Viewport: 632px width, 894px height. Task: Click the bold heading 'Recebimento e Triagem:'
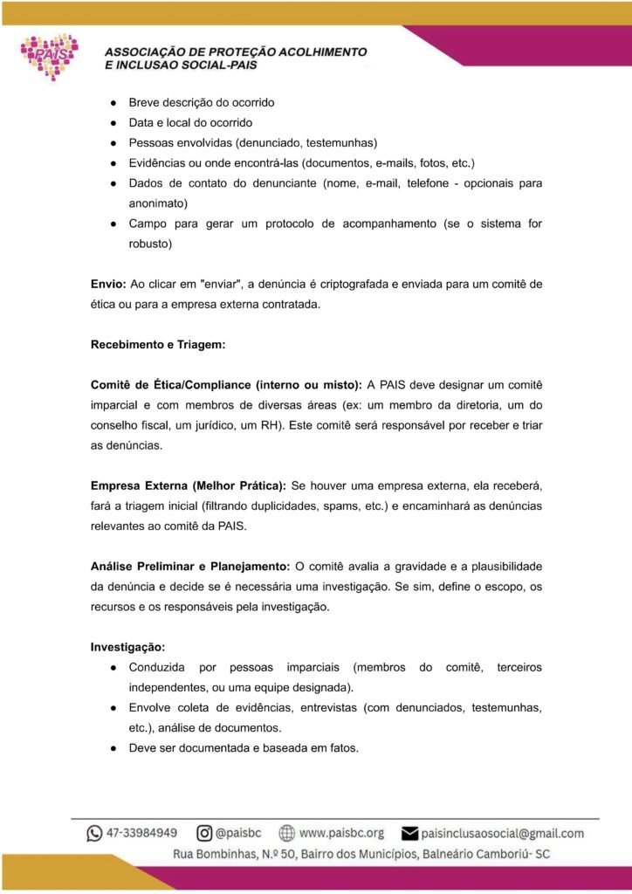point(158,345)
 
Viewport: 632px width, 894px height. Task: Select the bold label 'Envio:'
point(108,284)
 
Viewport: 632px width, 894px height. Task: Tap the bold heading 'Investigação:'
point(127,647)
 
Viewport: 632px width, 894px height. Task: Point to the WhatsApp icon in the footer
point(94,833)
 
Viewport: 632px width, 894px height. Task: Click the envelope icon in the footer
point(409,833)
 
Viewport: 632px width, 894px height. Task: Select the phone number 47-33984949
point(142,833)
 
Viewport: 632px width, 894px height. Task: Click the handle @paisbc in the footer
point(239,833)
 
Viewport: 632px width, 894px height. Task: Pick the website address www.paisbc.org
point(341,833)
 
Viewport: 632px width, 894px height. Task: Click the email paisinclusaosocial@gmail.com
point(502,833)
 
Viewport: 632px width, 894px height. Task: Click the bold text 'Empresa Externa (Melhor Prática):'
point(189,485)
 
